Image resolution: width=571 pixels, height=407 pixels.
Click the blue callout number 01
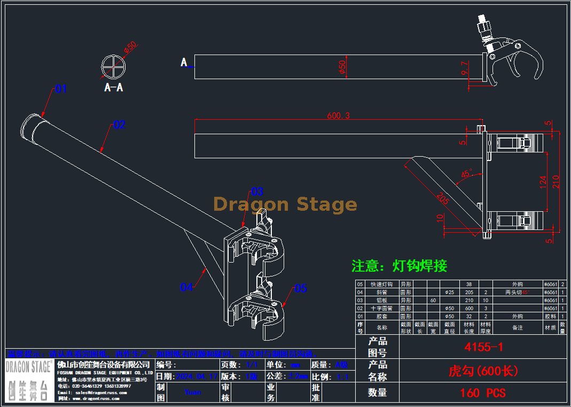[x=61, y=89]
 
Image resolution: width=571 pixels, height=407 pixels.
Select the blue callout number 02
[x=119, y=125]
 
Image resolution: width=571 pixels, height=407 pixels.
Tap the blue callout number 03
[x=257, y=191]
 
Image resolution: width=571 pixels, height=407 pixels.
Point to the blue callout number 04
[x=186, y=288]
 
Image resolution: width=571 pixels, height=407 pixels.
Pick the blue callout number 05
[x=301, y=289]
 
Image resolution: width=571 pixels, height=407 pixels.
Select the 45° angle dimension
[x=466, y=174]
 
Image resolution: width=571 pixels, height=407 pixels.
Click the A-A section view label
[x=114, y=87]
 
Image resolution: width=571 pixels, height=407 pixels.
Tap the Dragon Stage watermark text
[x=285, y=204]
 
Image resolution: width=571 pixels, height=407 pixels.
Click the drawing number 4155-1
[x=483, y=347]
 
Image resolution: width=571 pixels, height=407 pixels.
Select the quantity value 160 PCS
[x=482, y=393]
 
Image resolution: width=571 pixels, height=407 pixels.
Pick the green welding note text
[x=399, y=265]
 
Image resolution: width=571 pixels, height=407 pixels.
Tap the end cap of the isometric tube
[x=32, y=129]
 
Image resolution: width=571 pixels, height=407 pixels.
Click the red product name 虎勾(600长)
[x=483, y=370]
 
